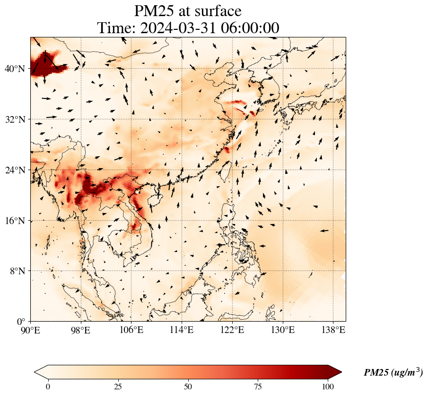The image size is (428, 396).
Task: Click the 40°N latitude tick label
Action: coord(15,69)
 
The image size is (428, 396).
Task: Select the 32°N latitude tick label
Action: coord(15,119)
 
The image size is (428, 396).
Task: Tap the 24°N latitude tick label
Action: coord(15,170)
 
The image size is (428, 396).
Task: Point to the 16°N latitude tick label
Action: coord(15,221)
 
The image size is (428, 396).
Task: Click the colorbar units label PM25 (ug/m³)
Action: coord(393,373)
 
